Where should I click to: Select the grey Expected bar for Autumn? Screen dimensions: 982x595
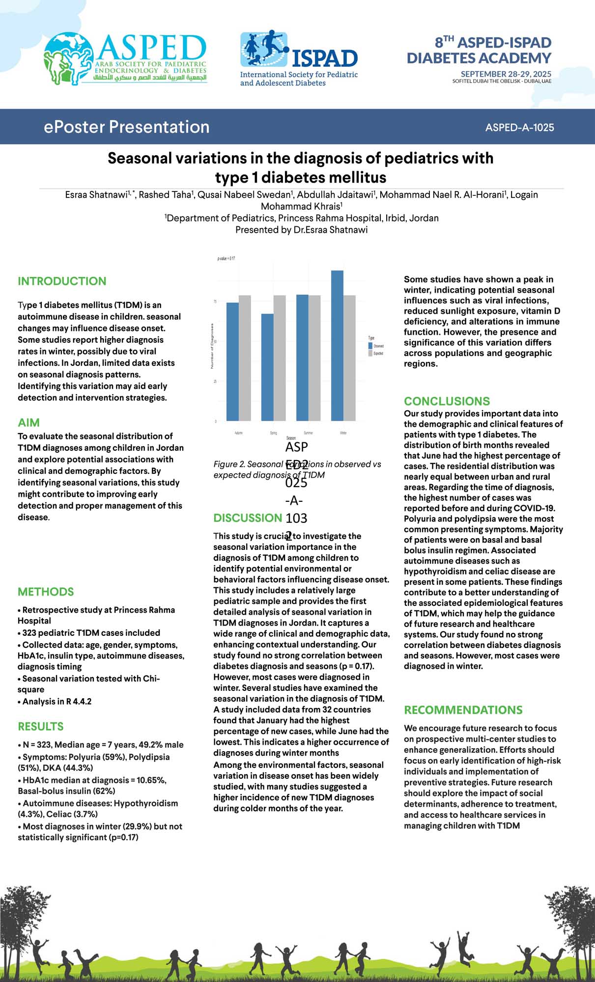pos(245,358)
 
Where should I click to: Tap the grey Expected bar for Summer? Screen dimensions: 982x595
pos(314,358)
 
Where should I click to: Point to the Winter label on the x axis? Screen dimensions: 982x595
pos(343,433)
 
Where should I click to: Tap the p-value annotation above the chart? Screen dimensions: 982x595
pos(226,258)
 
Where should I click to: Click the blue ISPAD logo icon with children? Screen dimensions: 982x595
pos(264,49)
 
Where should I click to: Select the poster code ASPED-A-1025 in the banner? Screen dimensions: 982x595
pos(519,128)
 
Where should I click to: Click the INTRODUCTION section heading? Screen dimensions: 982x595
pos(62,281)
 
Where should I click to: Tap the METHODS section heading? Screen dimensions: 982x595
pos(46,592)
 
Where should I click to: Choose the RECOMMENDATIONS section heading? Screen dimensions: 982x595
pos(463,710)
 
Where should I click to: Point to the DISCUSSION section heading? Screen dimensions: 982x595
pos(248,518)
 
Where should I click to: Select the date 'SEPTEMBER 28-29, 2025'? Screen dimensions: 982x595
pos(506,74)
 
